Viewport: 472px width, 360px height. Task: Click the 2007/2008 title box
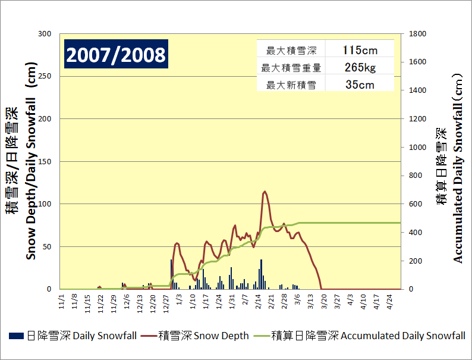pyautogui.click(x=116, y=55)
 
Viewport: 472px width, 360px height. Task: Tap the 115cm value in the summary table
pyautogui.click(x=360, y=49)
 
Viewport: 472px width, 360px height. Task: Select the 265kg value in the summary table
pyautogui.click(x=360, y=67)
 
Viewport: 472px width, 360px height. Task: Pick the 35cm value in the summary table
pyautogui.click(x=360, y=84)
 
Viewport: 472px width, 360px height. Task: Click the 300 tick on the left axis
pyautogui.click(x=45, y=34)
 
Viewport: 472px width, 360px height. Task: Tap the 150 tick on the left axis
pyautogui.click(x=45, y=161)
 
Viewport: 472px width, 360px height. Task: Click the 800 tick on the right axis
pyautogui.click(x=416, y=176)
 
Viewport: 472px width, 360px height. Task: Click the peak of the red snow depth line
pyautogui.click(x=265, y=192)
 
